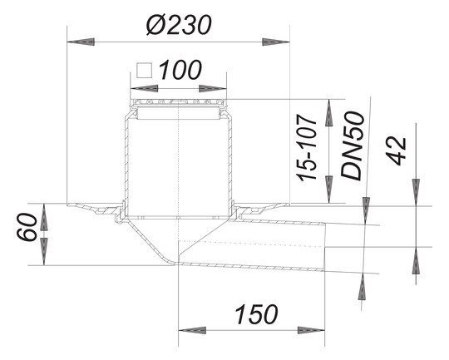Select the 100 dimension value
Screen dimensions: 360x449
pyautogui.click(x=180, y=70)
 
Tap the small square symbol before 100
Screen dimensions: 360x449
pyautogui.click(x=145, y=70)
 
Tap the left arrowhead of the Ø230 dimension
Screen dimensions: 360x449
pyautogui.click(x=76, y=40)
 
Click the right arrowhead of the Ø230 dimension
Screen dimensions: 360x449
pyautogui.click(x=279, y=40)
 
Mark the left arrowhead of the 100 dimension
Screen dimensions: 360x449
pyautogui.click(x=138, y=85)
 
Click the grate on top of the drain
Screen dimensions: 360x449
pyautogui.click(x=179, y=103)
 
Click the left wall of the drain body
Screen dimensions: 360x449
pyautogui.click(x=125, y=158)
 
